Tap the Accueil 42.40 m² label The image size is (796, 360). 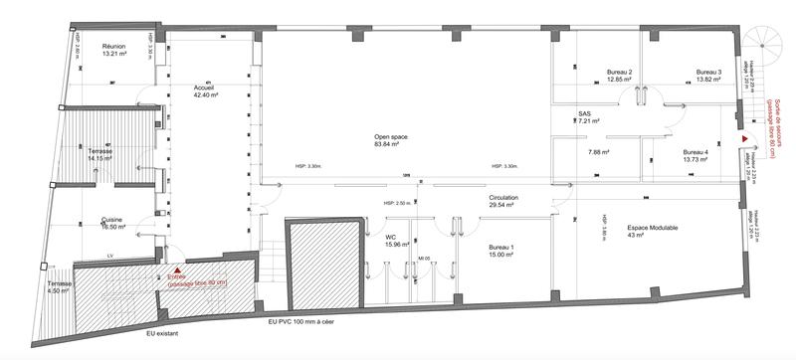207,92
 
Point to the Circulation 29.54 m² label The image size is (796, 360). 502,203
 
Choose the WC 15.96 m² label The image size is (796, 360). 391,241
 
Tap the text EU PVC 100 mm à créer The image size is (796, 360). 308,324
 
